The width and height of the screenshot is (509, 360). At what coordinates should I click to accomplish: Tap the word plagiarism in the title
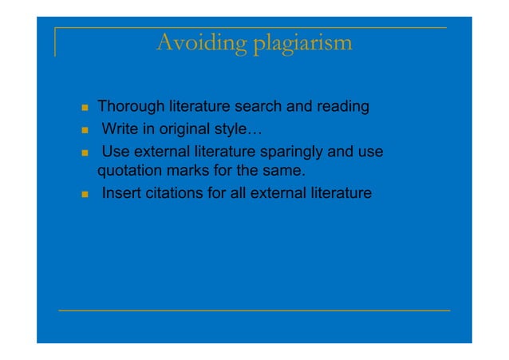(x=302, y=43)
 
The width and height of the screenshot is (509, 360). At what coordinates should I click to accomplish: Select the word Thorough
(x=131, y=106)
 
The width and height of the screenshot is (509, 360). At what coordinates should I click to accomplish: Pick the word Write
(x=119, y=129)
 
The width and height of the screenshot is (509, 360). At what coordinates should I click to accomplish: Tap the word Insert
(x=120, y=192)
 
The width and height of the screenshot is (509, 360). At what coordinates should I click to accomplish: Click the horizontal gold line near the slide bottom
(x=254, y=310)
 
